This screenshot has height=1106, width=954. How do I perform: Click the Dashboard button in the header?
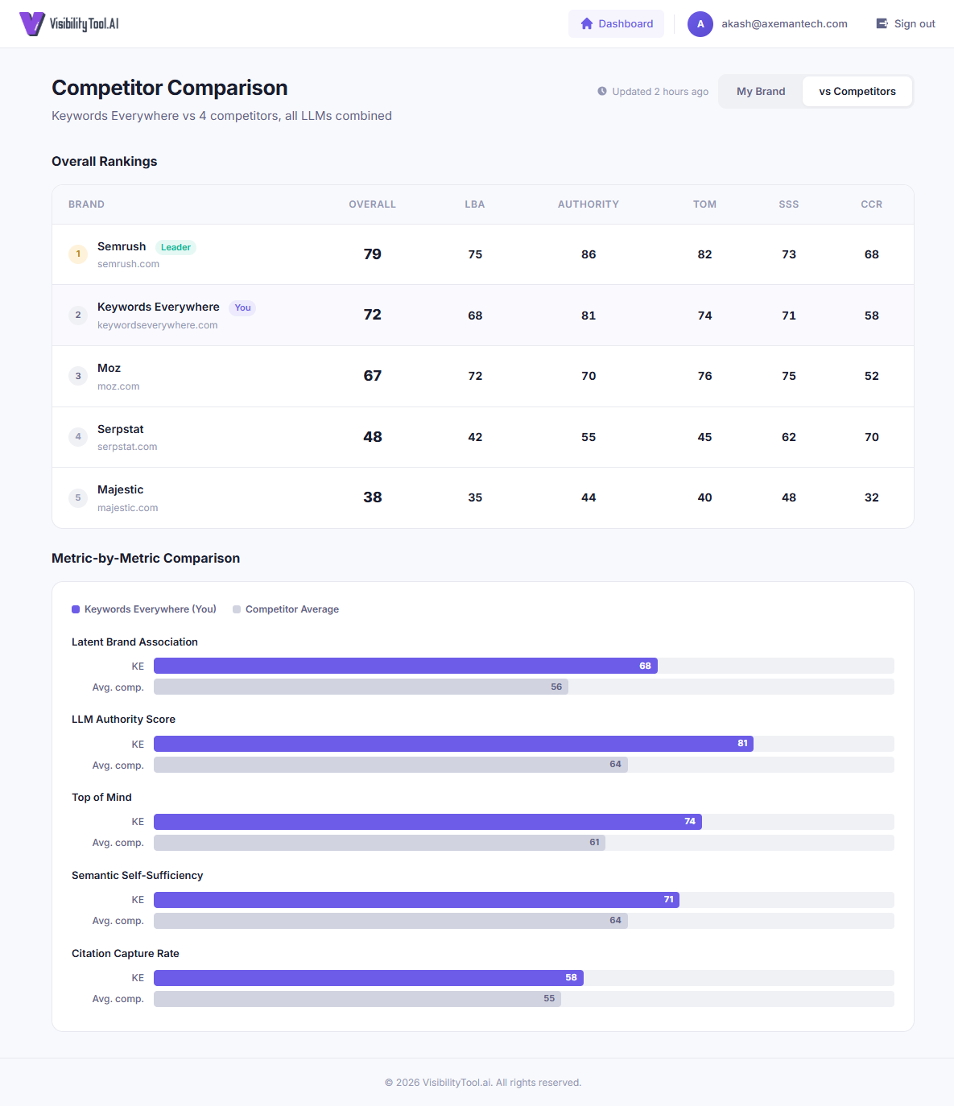point(617,24)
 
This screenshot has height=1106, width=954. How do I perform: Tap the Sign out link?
point(906,24)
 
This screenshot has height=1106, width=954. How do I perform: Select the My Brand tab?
point(760,92)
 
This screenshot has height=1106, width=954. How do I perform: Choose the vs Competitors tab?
point(857,92)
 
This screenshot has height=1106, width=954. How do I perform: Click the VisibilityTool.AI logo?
point(69,24)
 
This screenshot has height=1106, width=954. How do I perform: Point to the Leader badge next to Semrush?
point(176,248)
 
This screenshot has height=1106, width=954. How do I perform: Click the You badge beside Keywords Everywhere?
point(242,308)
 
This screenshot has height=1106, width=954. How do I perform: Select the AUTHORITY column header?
point(588,204)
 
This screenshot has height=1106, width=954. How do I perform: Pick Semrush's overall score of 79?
point(372,254)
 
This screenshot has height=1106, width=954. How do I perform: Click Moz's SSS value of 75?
point(788,376)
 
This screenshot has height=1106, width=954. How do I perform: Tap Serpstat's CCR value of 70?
point(871,437)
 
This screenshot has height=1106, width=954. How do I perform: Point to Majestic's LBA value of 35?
point(475,497)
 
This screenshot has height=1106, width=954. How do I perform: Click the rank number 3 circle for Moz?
point(78,376)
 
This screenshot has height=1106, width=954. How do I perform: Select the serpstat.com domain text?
point(127,447)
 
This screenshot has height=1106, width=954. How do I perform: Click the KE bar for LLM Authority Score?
point(453,744)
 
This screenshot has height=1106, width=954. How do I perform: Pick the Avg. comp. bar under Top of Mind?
point(379,843)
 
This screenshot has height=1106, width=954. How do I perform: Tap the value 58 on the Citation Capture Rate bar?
point(571,978)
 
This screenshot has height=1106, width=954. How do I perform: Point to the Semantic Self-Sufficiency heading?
point(137,876)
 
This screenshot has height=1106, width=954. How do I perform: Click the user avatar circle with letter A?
point(700,24)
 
